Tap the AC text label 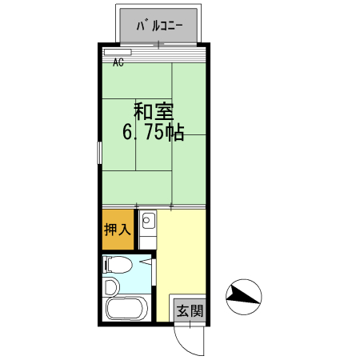(118, 62)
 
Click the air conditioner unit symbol (118, 53)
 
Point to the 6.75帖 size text (154, 133)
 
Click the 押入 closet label (117, 230)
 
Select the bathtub (126, 309)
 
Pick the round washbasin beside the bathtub (110, 286)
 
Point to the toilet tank (106, 264)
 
